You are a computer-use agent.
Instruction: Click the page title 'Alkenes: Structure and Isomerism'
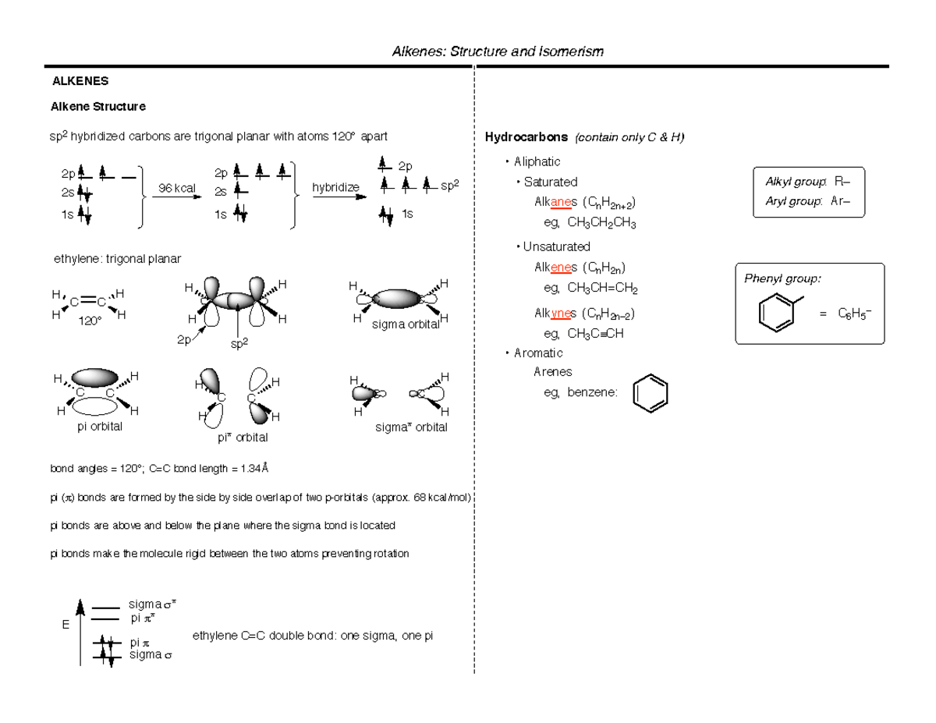(498, 51)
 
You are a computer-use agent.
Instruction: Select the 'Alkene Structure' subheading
(97, 106)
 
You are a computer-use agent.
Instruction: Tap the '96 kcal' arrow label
(176, 188)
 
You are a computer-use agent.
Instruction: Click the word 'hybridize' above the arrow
(335, 188)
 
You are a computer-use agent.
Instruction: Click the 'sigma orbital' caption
(405, 324)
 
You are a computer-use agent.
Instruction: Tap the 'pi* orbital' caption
(243, 438)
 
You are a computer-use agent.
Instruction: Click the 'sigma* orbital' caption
(411, 427)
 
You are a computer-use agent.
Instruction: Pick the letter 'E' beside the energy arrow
(66, 626)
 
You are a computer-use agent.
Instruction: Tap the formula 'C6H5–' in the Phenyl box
(855, 314)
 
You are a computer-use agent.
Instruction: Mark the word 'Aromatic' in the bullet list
(538, 353)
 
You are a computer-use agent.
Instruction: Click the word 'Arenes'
(553, 372)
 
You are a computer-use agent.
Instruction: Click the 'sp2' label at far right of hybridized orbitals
(450, 186)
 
